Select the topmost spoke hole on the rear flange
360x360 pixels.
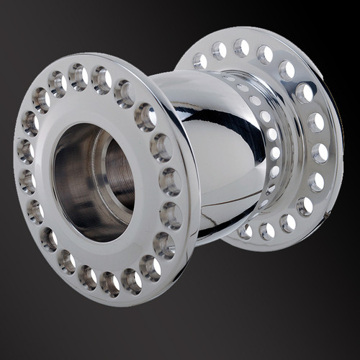click(x=241, y=48)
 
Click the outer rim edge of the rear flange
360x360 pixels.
click(x=338, y=144)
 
